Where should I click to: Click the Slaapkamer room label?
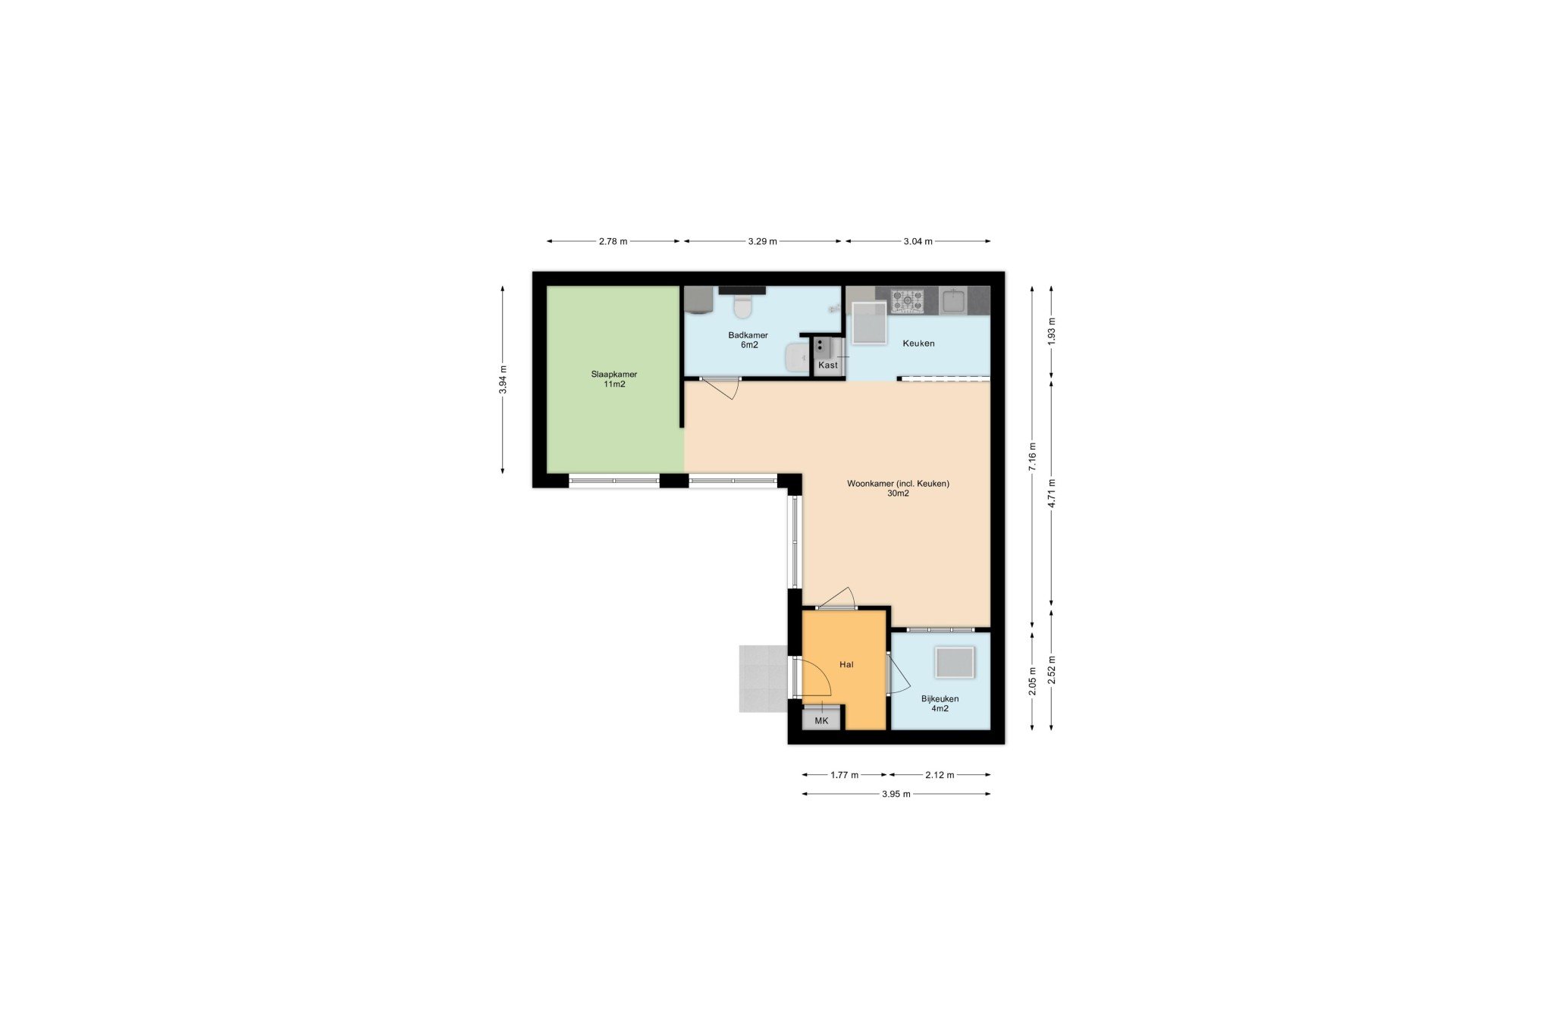(x=613, y=379)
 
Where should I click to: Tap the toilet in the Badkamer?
(x=742, y=307)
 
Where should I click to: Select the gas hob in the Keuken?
(x=907, y=300)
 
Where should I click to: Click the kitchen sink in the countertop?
(x=952, y=300)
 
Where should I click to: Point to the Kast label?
(x=828, y=365)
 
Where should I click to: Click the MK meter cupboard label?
(x=821, y=721)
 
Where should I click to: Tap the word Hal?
(x=846, y=664)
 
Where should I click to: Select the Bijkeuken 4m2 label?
(x=940, y=704)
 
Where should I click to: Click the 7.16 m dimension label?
(x=1032, y=456)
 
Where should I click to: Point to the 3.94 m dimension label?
(x=503, y=380)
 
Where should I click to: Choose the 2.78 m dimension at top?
(x=613, y=242)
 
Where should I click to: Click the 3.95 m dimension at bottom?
(x=896, y=795)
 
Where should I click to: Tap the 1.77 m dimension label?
(x=844, y=775)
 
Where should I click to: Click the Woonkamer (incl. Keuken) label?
(x=898, y=488)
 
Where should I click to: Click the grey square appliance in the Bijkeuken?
(x=955, y=663)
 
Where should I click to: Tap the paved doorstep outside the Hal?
(x=764, y=679)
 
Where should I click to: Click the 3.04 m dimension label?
(x=918, y=242)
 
